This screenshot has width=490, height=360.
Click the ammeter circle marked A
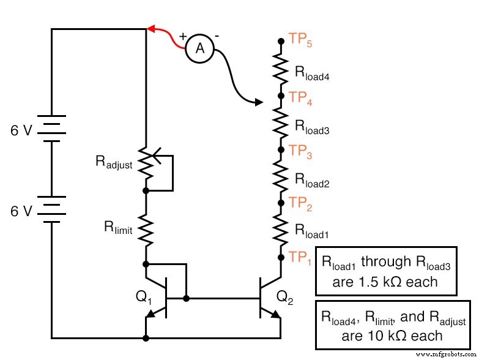pos(199,49)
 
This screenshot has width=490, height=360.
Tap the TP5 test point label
pos(302,40)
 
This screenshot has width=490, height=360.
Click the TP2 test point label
pos(302,204)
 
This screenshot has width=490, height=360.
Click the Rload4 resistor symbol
pos(281,69)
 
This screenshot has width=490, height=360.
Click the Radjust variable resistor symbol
pos(147,162)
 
